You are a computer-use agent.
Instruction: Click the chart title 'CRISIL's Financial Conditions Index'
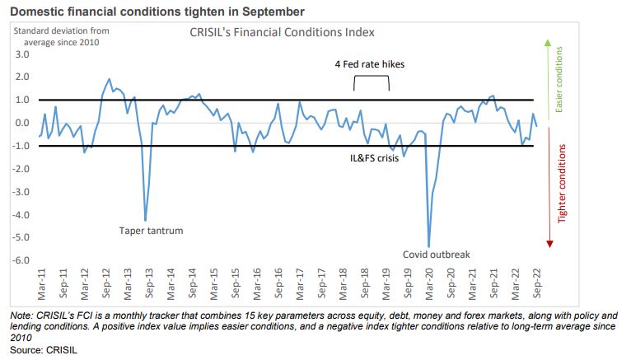click(277, 32)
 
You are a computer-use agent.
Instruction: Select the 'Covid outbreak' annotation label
click(437, 255)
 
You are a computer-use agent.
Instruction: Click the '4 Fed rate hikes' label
click(369, 63)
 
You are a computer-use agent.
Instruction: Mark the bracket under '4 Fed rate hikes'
click(371, 81)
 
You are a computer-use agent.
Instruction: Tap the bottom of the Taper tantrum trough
click(146, 221)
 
